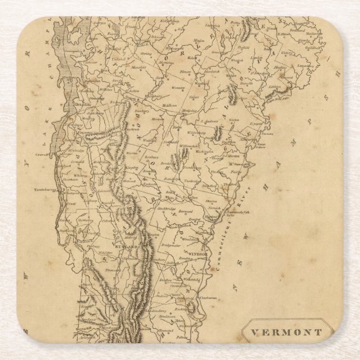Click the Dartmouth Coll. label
point(236,212)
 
